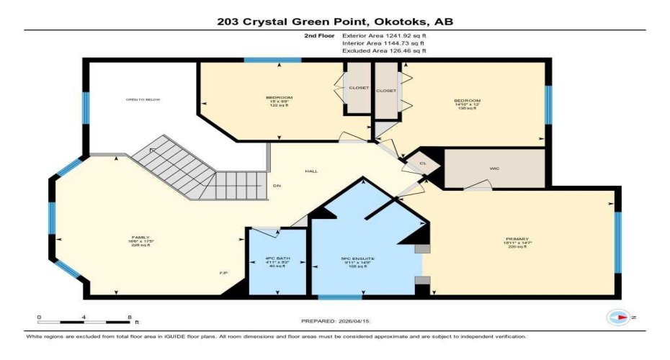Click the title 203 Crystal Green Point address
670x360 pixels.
335,22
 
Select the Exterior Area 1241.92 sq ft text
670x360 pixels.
384,35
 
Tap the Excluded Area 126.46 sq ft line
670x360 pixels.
384,51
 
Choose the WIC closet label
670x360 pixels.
494,169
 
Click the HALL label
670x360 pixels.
311,171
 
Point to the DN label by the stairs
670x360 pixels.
276,186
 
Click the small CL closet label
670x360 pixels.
423,163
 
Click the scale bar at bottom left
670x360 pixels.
84,320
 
